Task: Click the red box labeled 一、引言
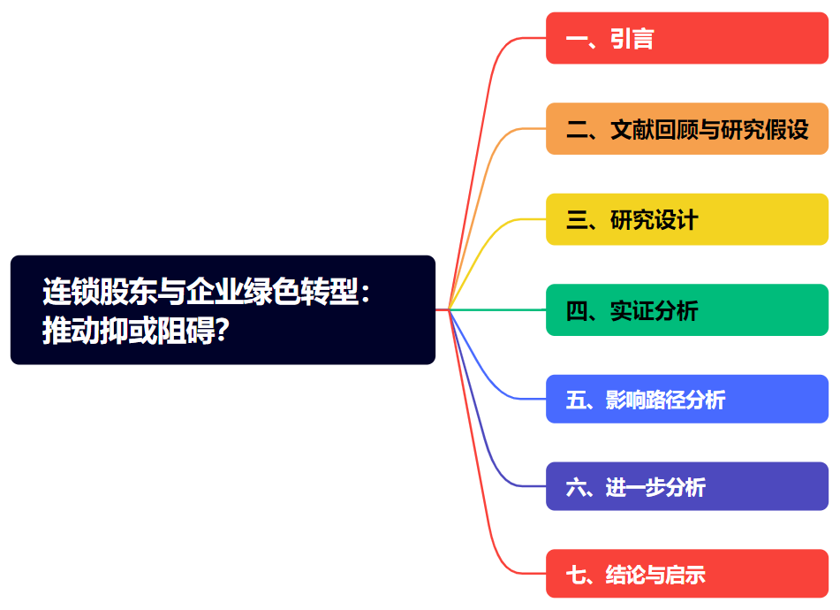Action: coord(686,38)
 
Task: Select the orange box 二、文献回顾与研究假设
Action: coord(686,129)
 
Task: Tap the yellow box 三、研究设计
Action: coord(686,219)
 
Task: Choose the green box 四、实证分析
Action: coord(686,310)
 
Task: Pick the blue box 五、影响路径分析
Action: coord(686,400)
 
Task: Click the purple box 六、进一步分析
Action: coord(686,486)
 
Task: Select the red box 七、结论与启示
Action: coord(686,574)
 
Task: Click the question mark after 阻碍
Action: coord(223,331)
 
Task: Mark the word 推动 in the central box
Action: coord(65,331)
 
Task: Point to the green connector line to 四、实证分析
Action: coord(499,309)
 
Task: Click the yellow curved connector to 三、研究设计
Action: coord(495,232)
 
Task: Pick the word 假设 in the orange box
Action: coord(787,129)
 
